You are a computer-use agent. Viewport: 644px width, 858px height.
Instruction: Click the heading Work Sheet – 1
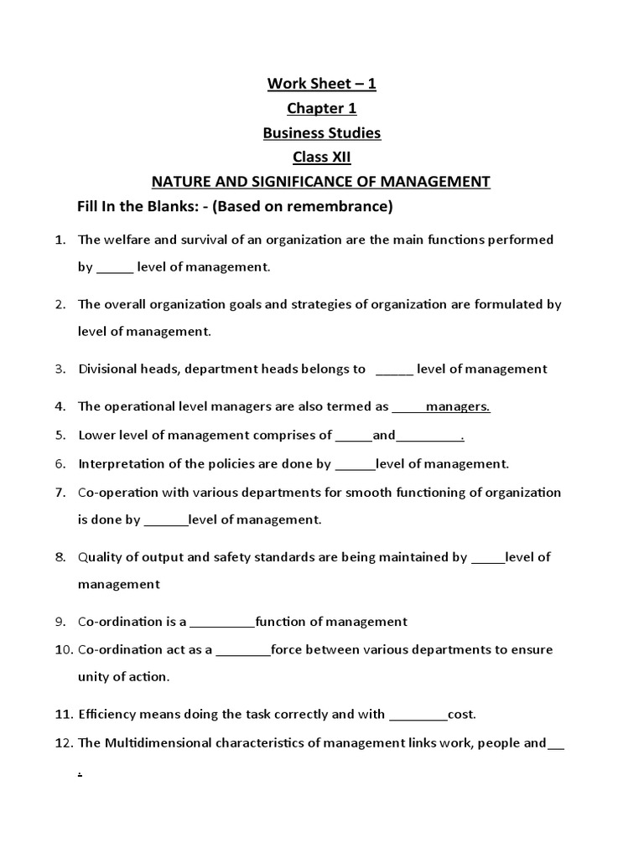pos(321,84)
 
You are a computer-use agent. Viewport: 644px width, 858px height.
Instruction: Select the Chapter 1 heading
pos(321,108)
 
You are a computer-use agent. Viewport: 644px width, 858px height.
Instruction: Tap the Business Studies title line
pos(321,132)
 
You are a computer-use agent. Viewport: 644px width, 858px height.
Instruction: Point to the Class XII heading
pos(321,157)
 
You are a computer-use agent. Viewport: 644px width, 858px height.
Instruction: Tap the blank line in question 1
pos(115,268)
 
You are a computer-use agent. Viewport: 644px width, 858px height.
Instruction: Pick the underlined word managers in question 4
pos(458,406)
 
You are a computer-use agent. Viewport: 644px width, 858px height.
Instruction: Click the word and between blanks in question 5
pos(383,435)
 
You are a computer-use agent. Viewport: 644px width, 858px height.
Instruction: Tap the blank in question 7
pos(166,520)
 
